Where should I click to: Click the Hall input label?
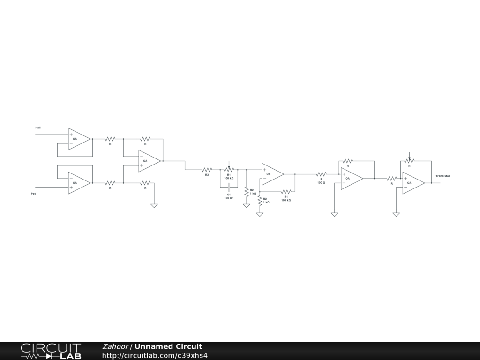coord(38,127)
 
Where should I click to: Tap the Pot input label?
coord(33,193)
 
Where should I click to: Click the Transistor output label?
coord(442,176)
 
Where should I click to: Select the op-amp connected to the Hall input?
coord(78,139)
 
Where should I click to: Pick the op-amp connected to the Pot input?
coord(78,183)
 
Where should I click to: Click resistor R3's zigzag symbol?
coord(207,169)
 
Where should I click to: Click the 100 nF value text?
coord(229,198)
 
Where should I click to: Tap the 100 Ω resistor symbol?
coord(321,174)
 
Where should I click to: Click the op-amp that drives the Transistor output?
coord(413,183)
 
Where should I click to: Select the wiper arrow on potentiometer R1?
coord(229,164)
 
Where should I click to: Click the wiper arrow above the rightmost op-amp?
coord(409,155)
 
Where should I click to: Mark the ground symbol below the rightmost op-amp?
coord(396,215)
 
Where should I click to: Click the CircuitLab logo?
coord(51,351)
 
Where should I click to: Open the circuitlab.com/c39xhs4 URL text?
coord(155,355)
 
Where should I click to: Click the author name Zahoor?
coord(115,346)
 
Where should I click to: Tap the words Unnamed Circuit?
coord(168,346)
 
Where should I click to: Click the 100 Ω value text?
coord(321,183)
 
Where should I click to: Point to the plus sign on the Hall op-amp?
coord(71,135)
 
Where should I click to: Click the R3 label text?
coord(207,175)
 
